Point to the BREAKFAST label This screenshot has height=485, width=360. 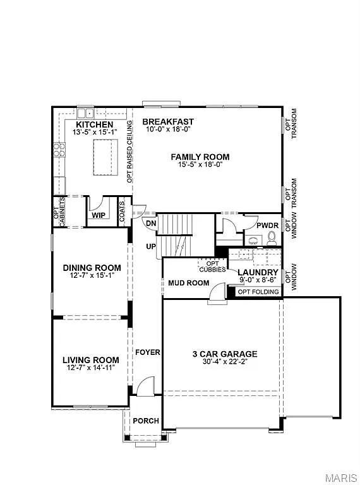click(168, 121)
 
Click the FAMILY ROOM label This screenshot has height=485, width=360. click(200, 157)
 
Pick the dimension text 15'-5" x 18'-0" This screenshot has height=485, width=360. click(200, 164)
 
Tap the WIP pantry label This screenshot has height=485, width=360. click(99, 215)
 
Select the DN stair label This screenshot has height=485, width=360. click(151, 223)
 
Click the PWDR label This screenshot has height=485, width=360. click(265, 225)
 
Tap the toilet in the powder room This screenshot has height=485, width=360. click(272, 237)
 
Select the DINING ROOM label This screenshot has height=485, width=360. click(92, 268)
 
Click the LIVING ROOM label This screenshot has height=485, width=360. click(90, 360)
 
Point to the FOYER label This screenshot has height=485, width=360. click(147, 352)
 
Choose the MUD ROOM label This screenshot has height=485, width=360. click(188, 283)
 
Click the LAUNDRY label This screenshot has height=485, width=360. click(258, 272)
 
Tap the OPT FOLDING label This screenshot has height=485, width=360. click(258, 292)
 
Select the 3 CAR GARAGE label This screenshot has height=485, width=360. click(225, 354)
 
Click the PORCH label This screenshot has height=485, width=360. click(145, 421)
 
